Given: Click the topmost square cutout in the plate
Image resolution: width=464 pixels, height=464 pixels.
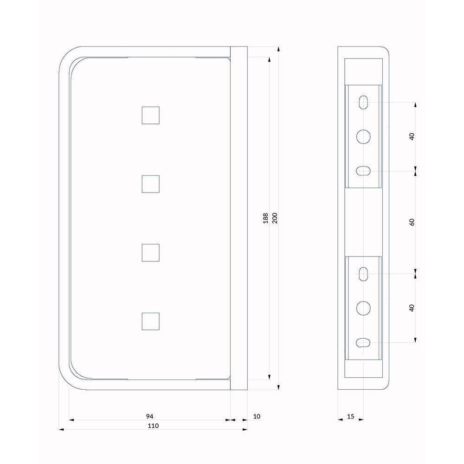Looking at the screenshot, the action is click(x=151, y=116).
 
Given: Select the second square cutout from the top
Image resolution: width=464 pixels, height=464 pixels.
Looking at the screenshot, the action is click(x=151, y=184).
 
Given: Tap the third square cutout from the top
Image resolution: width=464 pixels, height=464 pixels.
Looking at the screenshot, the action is click(x=151, y=253).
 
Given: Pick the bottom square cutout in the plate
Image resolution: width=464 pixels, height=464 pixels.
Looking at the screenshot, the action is click(x=151, y=322).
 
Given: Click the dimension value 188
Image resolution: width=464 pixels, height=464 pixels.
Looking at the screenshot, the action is click(x=265, y=218).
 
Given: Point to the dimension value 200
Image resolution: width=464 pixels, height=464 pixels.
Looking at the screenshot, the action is click(x=275, y=218).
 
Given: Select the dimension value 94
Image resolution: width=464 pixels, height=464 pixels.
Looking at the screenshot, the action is click(x=150, y=416).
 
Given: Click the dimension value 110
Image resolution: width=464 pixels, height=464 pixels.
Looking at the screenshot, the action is click(x=153, y=426).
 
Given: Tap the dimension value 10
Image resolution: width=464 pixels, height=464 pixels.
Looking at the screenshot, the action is click(x=257, y=416).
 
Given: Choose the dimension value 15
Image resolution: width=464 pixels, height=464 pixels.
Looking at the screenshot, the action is click(x=351, y=416).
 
